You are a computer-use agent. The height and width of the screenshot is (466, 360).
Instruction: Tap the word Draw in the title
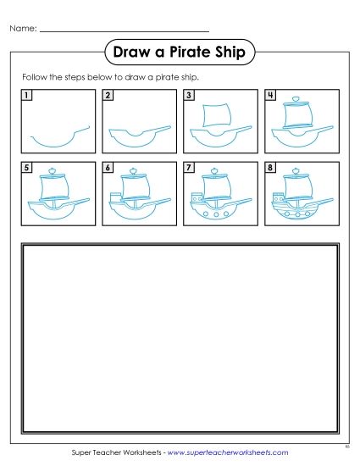coord(134,53)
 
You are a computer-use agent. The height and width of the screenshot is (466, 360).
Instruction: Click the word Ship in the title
coord(231,53)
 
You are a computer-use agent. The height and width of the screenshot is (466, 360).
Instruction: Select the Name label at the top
coord(22,29)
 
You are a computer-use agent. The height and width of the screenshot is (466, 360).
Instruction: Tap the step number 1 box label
coord(27,95)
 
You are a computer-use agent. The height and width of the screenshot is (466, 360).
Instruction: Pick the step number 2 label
coord(108,95)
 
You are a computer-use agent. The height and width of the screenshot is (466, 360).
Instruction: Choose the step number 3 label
coord(189,95)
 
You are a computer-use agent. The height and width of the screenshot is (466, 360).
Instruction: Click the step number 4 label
coord(270,95)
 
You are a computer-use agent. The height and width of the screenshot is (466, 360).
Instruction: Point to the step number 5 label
coord(27,168)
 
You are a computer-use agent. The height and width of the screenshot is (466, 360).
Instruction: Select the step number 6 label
coord(108,168)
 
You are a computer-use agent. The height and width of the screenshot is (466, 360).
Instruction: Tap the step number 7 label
coord(189,168)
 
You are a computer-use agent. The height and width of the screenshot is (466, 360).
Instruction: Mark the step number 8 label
coord(270,168)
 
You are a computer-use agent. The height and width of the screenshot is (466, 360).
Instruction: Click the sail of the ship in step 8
coord(296,188)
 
